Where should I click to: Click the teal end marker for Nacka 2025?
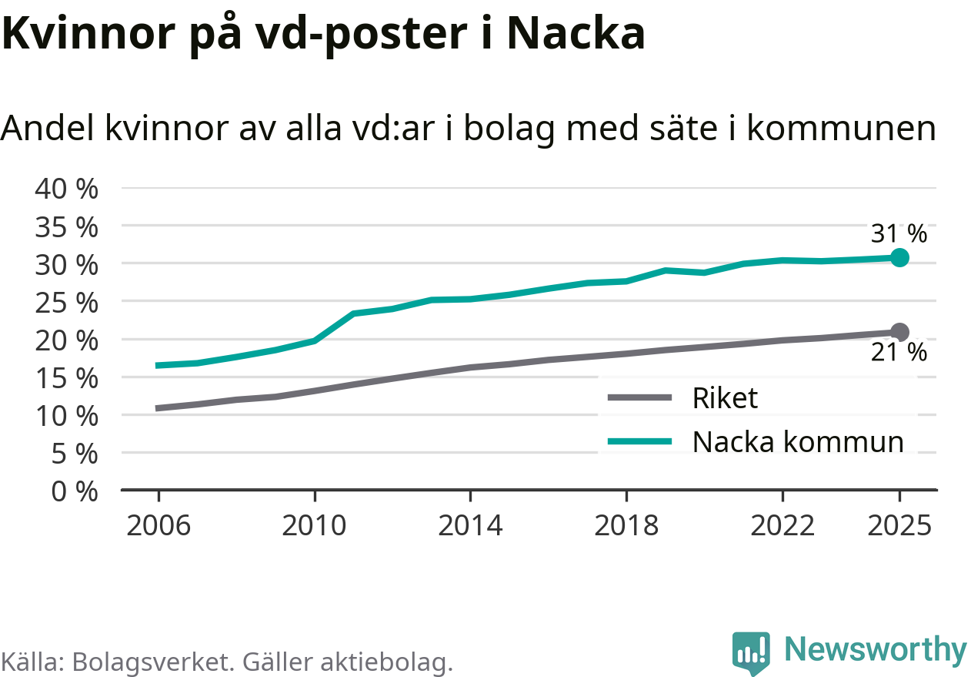tap(899, 257)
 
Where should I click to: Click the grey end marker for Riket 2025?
tap(899, 332)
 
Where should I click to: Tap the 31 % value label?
tap(899, 233)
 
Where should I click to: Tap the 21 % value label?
tap(899, 353)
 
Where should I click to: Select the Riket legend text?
tap(725, 397)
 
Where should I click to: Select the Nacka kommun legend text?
tap(798, 441)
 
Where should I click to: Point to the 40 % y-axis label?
tap(67, 189)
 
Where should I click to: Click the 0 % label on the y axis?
tap(75, 491)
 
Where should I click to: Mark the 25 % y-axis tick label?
tap(67, 302)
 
